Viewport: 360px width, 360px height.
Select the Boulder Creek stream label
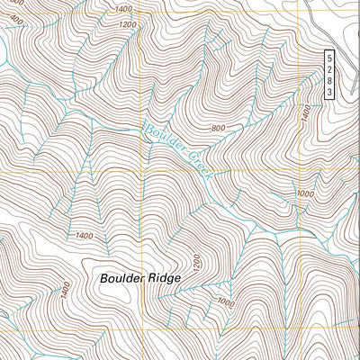[176, 148]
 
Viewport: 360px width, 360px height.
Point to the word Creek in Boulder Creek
[197, 165]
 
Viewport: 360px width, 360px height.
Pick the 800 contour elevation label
[217, 128]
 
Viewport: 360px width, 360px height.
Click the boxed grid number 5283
[330, 75]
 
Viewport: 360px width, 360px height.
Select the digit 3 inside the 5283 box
[330, 92]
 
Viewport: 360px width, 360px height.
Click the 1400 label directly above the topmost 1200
[123, 9]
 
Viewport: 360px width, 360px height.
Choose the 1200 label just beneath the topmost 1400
[127, 24]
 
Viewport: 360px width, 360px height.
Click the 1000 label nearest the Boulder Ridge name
[225, 303]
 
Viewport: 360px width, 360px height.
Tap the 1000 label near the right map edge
[305, 193]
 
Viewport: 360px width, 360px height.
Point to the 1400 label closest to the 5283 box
[306, 112]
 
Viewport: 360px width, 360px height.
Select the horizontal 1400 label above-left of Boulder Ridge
[84, 236]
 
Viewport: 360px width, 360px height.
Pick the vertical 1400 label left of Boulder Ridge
[65, 290]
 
